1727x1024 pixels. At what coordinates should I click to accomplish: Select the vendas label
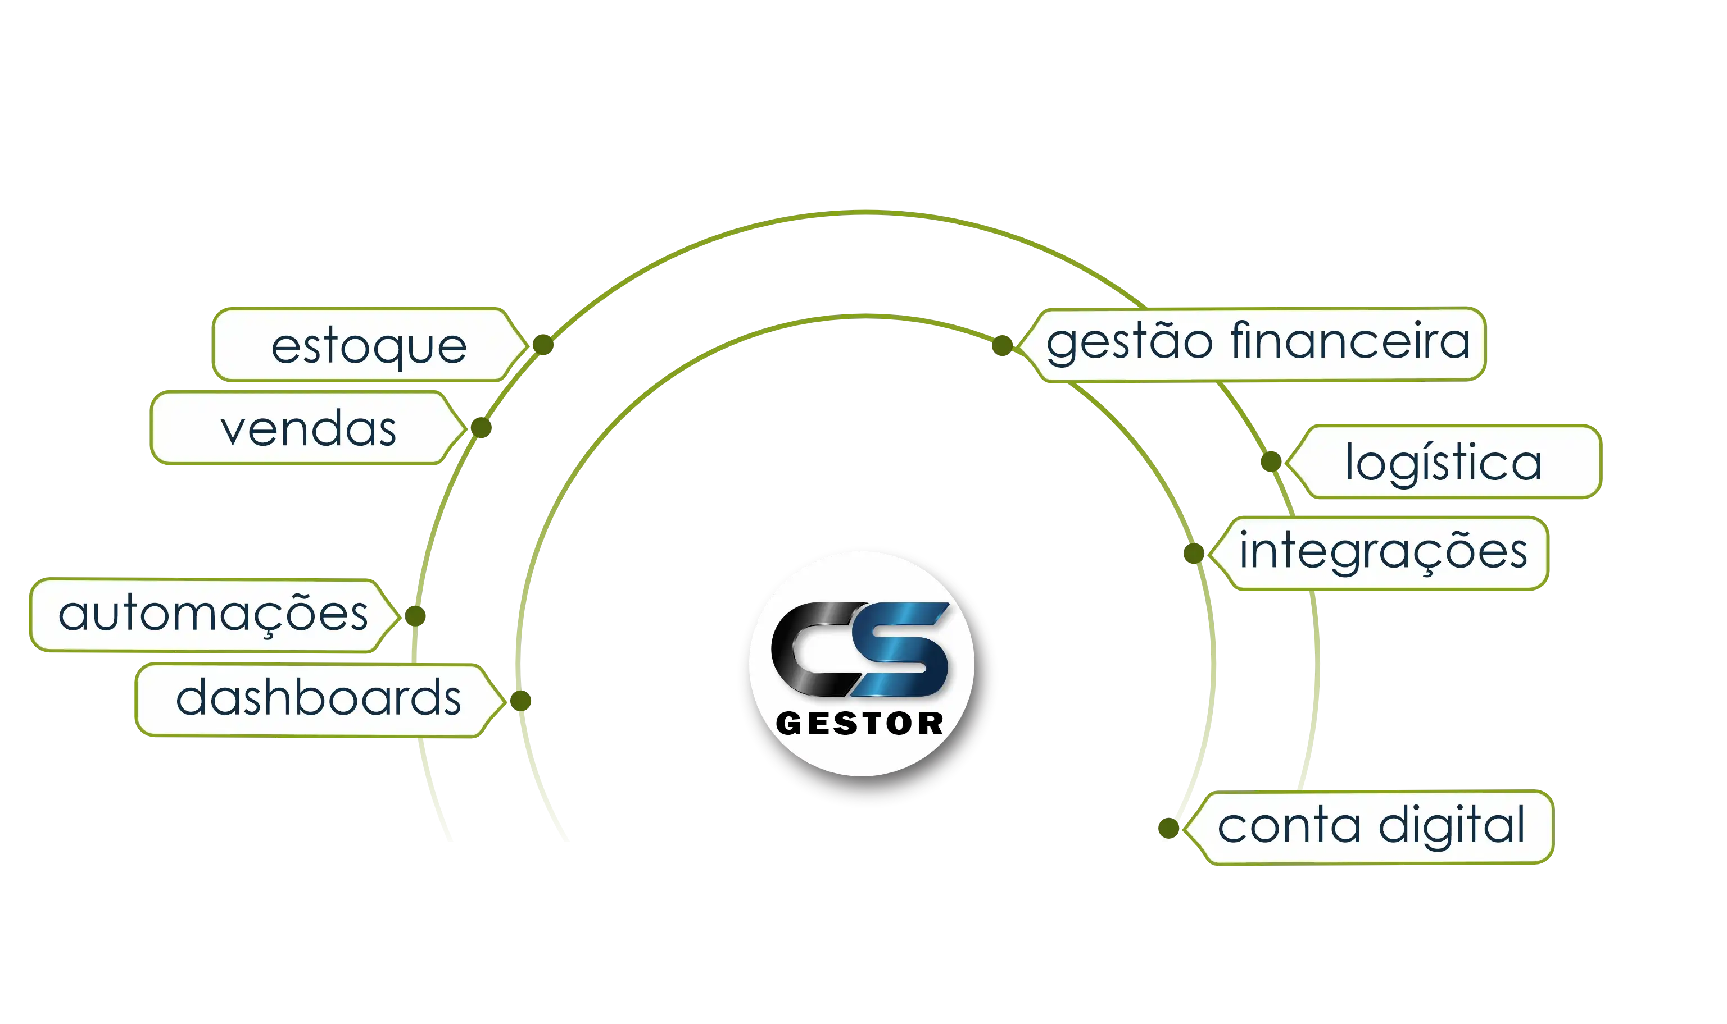pyautogui.click(x=308, y=428)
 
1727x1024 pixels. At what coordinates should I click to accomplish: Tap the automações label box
pyautogui.click(x=212, y=614)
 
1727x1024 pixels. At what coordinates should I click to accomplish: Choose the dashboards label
pyautogui.click(x=318, y=698)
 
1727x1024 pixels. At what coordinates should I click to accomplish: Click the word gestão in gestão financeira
pyautogui.click(x=1129, y=341)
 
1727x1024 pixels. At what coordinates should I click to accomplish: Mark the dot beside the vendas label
pyautogui.click(x=481, y=428)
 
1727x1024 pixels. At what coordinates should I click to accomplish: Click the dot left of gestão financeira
pyautogui.click(x=1002, y=345)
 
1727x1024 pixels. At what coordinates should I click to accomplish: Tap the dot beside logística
pyautogui.click(x=1271, y=461)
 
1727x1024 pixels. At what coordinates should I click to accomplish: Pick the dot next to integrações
pyautogui.click(x=1193, y=553)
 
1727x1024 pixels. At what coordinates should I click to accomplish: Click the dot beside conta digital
pyautogui.click(x=1168, y=828)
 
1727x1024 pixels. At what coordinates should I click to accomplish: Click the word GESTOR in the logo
pyautogui.click(x=860, y=724)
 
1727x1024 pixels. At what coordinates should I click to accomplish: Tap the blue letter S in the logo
pyautogui.click(x=901, y=648)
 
